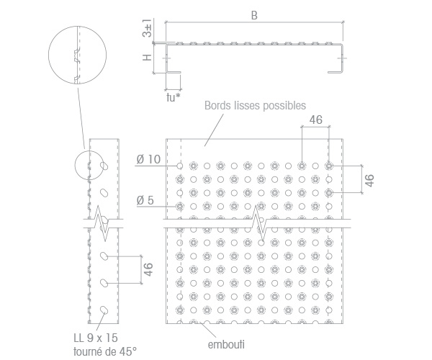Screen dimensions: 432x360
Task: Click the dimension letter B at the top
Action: [x=254, y=15]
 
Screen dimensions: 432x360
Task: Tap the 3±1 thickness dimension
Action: [x=147, y=28]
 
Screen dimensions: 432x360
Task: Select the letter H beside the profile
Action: [x=147, y=58]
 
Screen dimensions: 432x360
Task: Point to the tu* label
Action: [x=174, y=97]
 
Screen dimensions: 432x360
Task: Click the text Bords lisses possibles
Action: [x=255, y=106]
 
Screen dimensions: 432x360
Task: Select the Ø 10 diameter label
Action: [x=148, y=159]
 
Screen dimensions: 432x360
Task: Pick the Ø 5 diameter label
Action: [x=145, y=200]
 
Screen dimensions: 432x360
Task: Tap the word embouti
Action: [x=226, y=345]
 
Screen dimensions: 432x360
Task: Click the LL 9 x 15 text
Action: [x=96, y=338]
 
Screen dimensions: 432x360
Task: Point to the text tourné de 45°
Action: [x=105, y=351]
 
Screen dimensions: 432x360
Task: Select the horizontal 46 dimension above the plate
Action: [x=316, y=120]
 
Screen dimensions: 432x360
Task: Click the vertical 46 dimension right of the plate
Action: [x=369, y=181]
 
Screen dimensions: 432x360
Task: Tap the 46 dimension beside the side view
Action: [x=148, y=269]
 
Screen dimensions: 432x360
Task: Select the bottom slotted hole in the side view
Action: [x=104, y=310]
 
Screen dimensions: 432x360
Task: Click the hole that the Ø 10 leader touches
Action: [x=180, y=166]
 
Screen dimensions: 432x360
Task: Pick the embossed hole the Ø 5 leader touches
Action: [x=180, y=207]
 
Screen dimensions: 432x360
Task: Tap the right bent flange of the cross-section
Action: [x=341, y=58]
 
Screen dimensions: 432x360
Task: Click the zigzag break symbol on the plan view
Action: [x=258, y=223]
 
